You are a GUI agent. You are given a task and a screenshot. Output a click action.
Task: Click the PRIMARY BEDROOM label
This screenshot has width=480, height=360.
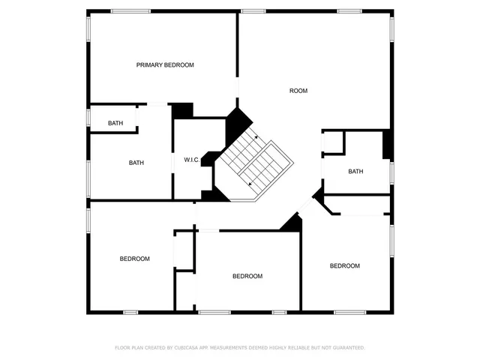coord(165,65)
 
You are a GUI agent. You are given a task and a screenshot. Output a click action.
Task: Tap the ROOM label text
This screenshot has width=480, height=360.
coord(298,91)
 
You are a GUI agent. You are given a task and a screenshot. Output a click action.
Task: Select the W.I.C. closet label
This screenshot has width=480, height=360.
coord(190,160)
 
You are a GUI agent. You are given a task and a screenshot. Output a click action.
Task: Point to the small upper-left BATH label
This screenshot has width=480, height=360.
coord(115,123)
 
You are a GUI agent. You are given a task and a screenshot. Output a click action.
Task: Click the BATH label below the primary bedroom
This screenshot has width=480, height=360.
coord(136,163)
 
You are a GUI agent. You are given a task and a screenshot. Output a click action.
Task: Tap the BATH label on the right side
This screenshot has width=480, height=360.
coord(355,172)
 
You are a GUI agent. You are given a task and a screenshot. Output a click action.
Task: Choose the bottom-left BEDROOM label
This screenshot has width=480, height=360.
coord(135,259)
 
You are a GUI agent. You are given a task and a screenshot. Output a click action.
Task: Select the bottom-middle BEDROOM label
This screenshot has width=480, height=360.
coord(247,276)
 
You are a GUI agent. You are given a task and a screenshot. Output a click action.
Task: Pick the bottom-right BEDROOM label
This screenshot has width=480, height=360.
coord(345,265)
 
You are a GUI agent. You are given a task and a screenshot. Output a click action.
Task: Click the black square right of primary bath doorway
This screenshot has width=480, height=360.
coord(181,111)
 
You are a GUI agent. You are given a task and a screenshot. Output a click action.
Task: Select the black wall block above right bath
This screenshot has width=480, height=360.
coord(387,145)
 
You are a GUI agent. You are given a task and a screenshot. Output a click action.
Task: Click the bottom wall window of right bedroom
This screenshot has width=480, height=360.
coord(349,312)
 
